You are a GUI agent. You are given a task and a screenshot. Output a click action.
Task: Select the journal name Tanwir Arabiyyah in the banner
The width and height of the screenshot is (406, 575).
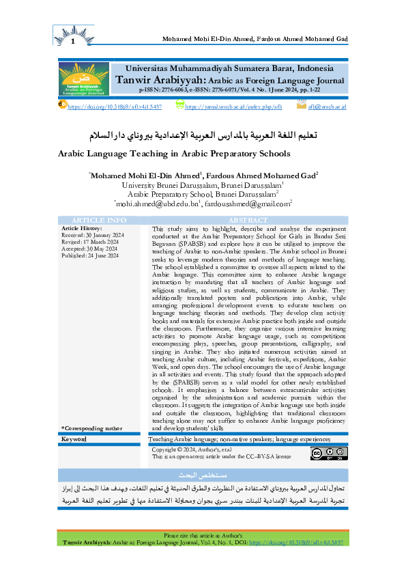tap(158, 80)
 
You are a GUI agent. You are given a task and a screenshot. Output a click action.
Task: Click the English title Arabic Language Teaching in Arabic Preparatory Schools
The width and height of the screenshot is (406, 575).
tap(174, 154)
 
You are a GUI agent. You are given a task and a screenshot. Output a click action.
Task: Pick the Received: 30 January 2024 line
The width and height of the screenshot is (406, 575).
tap(93, 235)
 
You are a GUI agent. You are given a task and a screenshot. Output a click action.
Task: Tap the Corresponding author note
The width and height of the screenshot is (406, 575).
tap(91, 427)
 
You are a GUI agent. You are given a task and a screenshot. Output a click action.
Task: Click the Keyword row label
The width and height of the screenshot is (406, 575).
tap(74, 438)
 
